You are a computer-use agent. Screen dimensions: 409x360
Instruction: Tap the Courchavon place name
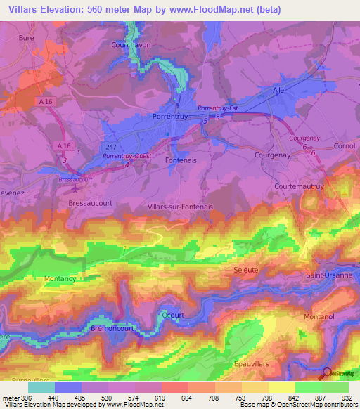pyautogui.click(x=131, y=44)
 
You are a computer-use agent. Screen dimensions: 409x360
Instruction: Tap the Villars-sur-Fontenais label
pyautogui.click(x=181, y=207)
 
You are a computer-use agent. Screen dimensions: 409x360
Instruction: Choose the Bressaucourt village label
pyautogui.click(x=86, y=202)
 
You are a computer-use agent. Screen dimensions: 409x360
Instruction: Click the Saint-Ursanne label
pyautogui.click(x=328, y=275)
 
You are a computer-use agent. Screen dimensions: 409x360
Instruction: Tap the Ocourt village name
pyautogui.click(x=172, y=316)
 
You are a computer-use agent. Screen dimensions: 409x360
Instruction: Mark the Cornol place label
pyautogui.click(x=345, y=145)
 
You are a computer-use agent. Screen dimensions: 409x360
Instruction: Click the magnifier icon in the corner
pyautogui.click(x=326, y=372)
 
